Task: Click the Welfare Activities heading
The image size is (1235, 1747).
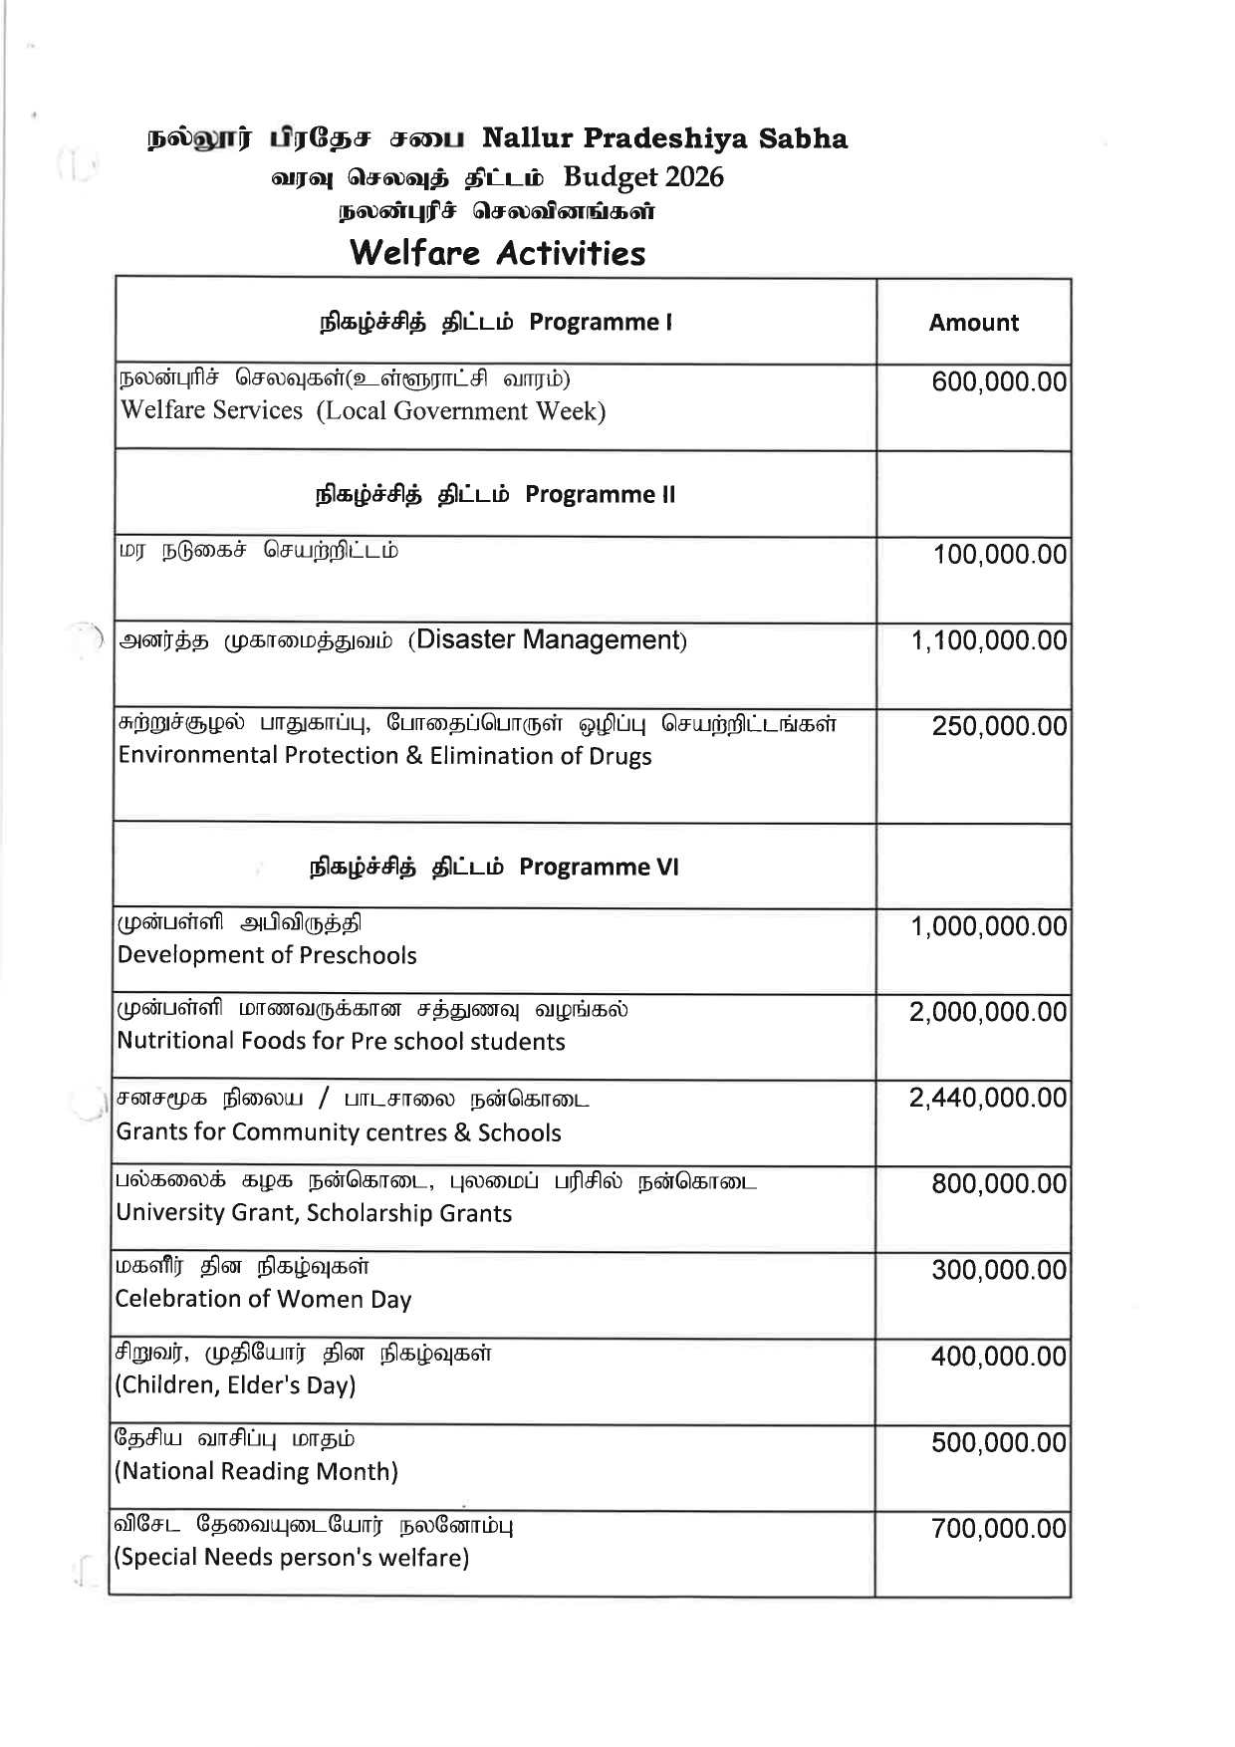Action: point(497,253)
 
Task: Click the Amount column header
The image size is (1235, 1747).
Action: point(973,323)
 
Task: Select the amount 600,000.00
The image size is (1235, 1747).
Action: point(999,382)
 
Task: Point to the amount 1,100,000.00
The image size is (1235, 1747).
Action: point(989,640)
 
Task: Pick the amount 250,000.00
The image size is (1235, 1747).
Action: point(999,726)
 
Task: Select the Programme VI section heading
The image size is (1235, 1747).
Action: point(494,867)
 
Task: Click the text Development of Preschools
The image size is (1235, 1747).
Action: point(267,955)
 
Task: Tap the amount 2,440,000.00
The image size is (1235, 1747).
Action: point(987,1098)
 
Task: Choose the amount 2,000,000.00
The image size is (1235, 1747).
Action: point(987,1012)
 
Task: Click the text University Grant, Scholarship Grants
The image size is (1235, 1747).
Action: point(314,1213)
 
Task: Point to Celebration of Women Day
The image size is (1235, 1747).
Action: point(263,1299)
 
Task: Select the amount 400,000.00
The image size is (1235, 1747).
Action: point(998,1357)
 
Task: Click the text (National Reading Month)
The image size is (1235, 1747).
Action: point(257,1471)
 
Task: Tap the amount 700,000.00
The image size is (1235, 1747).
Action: point(998,1529)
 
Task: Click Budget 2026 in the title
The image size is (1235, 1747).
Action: point(643,177)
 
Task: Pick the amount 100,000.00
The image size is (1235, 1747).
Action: point(999,555)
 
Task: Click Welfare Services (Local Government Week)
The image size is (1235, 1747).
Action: point(363,411)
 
